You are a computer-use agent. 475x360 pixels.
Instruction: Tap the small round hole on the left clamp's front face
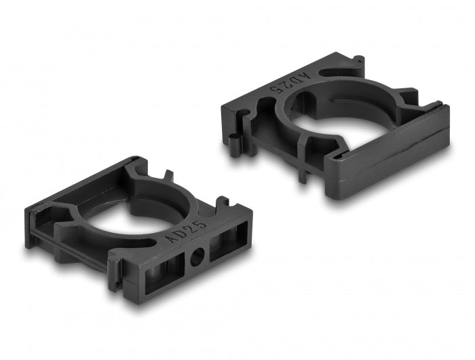pyautogui.click(x=197, y=257)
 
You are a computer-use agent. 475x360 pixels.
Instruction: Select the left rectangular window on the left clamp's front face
pyautogui.click(x=162, y=268)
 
